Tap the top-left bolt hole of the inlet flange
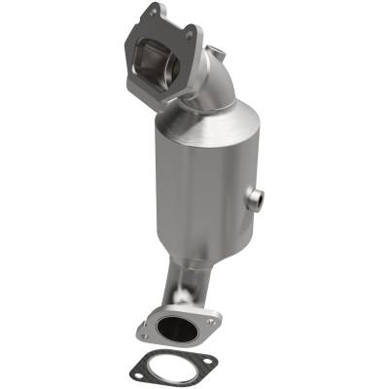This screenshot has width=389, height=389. tap(148, 14)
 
